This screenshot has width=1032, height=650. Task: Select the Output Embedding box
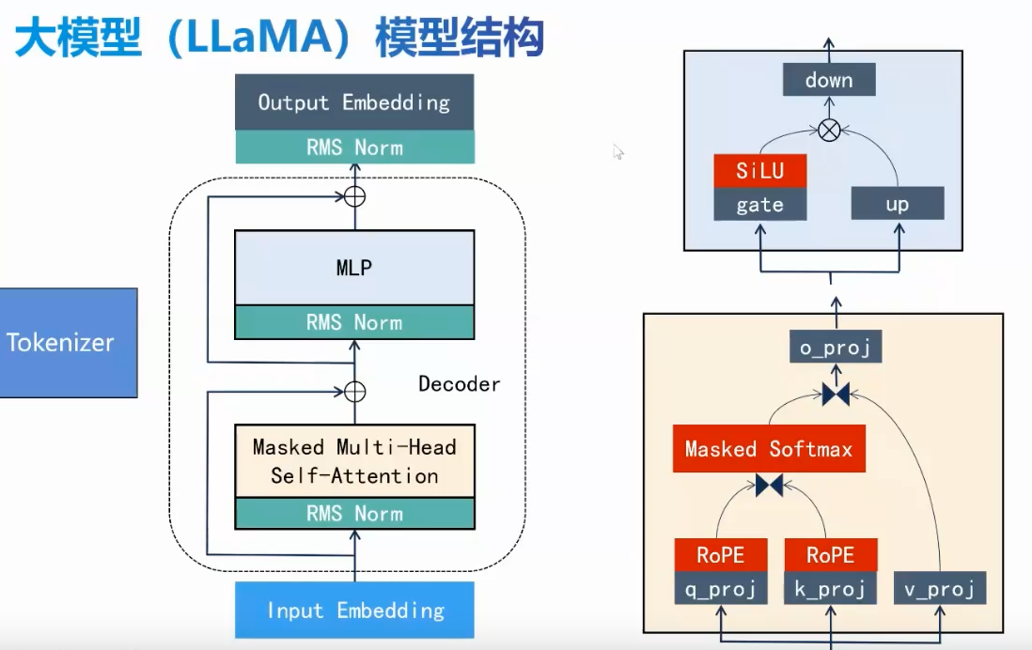[354, 102]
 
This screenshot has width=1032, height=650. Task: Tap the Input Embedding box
[354, 611]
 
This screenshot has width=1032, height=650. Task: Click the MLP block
[354, 269]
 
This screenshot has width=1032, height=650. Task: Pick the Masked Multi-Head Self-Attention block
[354, 460]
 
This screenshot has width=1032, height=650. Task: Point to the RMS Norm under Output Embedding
[354, 147]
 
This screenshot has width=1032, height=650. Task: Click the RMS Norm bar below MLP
[354, 322]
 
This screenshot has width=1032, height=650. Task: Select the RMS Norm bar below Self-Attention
[354, 514]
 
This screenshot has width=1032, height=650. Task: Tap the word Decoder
[460, 384]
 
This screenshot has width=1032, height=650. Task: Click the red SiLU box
[759, 171]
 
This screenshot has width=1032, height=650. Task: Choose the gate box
[759, 204]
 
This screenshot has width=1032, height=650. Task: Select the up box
[897, 204]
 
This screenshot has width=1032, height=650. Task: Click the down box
[829, 80]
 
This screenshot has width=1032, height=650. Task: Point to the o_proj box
[836, 349]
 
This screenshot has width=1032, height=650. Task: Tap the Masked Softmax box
[769, 449]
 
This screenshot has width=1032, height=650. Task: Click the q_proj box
[721, 588]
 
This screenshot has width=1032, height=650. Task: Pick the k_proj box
[830, 588]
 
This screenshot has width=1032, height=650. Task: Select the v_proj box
[939, 588]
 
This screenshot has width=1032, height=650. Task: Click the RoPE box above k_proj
[830, 555]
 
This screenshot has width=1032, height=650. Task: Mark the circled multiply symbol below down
[829, 131]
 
